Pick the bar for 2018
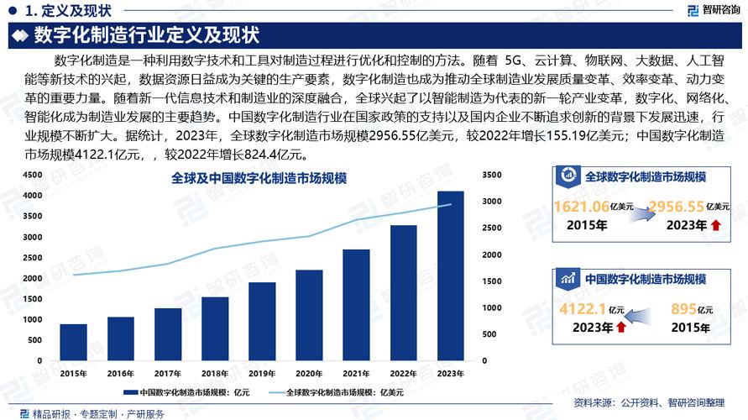point(215,329)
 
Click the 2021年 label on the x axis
point(356,373)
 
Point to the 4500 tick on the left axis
point(32,175)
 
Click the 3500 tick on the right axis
point(493,175)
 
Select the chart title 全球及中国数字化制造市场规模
point(259,178)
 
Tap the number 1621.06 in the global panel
point(583,207)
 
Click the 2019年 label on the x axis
point(262,373)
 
